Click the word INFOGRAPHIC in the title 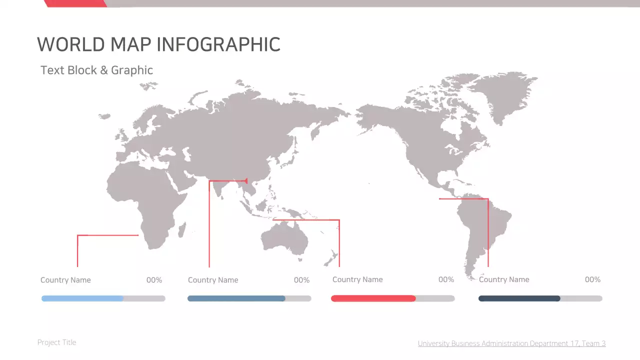218,44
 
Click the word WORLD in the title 71,44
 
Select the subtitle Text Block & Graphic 96,70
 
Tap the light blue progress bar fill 82,298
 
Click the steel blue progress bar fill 236,298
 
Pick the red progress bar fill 373,298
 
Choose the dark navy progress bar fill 519,298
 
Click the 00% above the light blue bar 154,280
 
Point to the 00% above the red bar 446,279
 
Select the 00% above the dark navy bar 592,279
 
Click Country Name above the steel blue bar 213,280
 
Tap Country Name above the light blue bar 65,280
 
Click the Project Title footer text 57,342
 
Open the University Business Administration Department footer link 511,343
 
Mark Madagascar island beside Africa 182,230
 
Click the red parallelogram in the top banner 75,3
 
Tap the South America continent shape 482,225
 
